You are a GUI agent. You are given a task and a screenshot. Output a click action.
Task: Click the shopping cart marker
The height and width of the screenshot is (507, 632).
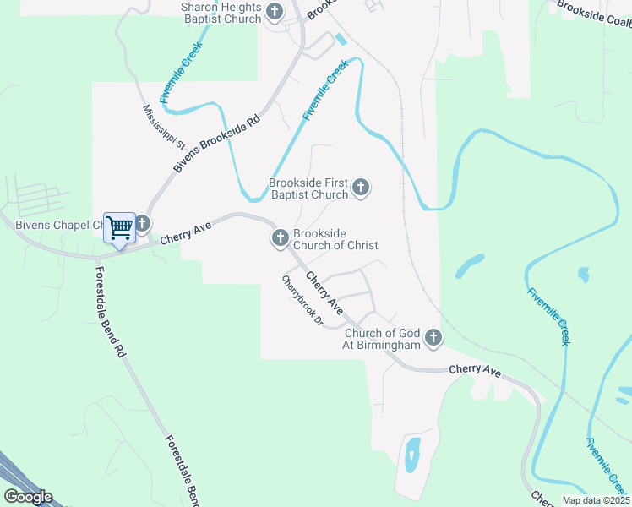pos(120,226)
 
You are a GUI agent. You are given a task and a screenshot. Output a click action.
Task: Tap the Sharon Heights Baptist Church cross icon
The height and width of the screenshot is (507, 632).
pos(275,12)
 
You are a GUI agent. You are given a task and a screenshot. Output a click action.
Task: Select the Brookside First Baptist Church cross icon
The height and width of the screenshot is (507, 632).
pos(361,187)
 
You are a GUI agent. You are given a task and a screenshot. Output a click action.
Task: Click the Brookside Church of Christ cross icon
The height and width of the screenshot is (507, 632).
pos(281,239)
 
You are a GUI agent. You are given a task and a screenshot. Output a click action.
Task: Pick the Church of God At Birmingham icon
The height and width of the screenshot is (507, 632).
pos(433,339)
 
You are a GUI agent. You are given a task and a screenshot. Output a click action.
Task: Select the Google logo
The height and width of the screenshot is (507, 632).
pos(28,497)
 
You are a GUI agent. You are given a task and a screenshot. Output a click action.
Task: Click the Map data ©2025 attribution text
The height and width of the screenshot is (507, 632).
pos(595,500)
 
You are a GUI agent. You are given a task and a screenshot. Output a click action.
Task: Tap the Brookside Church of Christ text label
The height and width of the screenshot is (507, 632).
pos(335,239)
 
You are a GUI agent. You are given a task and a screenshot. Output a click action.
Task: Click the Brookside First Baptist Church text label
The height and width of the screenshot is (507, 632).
pos(308,188)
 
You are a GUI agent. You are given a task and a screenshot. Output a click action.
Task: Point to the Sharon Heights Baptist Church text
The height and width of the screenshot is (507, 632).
pos(221,13)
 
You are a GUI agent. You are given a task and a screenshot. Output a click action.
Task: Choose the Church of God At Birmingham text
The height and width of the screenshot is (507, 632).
pos(381,340)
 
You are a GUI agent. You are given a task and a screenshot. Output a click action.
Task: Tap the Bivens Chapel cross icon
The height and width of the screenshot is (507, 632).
pos(142,224)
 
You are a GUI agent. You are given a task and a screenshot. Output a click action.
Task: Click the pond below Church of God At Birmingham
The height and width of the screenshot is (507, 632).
pos(412,455)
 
